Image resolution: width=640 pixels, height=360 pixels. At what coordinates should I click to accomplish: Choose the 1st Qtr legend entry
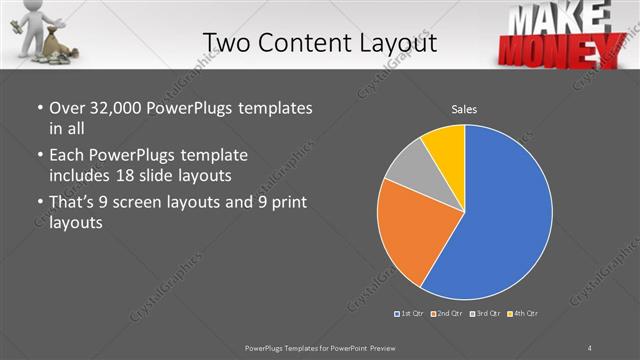[410, 314]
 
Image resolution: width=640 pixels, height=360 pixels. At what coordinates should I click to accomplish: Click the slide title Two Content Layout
[319, 42]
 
